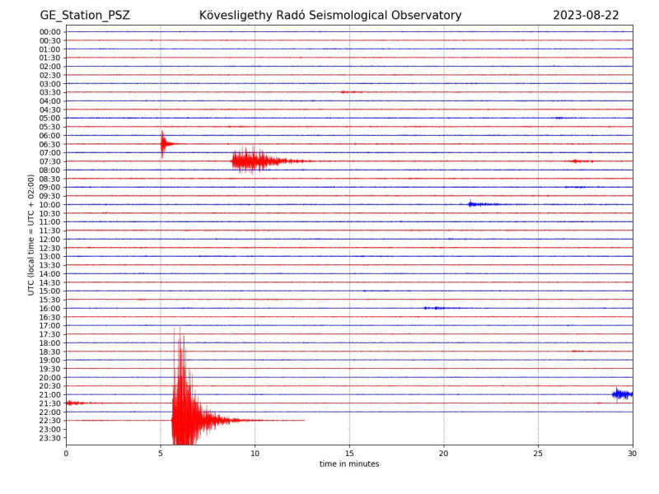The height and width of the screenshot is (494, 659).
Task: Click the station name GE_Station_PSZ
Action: point(85,16)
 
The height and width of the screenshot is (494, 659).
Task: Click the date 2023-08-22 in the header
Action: point(586,15)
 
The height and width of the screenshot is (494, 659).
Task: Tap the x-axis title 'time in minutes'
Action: point(349,464)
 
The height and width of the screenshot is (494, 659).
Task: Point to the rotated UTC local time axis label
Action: point(31,235)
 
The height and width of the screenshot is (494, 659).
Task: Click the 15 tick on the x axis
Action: point(349,454)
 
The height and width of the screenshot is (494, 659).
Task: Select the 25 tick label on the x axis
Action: point(538,454)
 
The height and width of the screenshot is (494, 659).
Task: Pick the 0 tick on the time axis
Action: point(66,454)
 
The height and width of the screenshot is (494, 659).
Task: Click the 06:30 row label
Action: point(50,144)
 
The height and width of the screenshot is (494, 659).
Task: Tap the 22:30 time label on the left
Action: point(50,421)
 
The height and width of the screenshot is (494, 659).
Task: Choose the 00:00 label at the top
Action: point(50,32)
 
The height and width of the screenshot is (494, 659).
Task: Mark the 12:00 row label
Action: point(50,239)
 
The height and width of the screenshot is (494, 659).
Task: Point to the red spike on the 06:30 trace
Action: point(163,144)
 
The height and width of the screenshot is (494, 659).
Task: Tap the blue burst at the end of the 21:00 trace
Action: point(623,394)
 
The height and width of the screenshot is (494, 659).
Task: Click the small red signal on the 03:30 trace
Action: point(351,92)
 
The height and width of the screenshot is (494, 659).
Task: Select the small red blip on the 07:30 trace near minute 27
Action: point(582,161)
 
